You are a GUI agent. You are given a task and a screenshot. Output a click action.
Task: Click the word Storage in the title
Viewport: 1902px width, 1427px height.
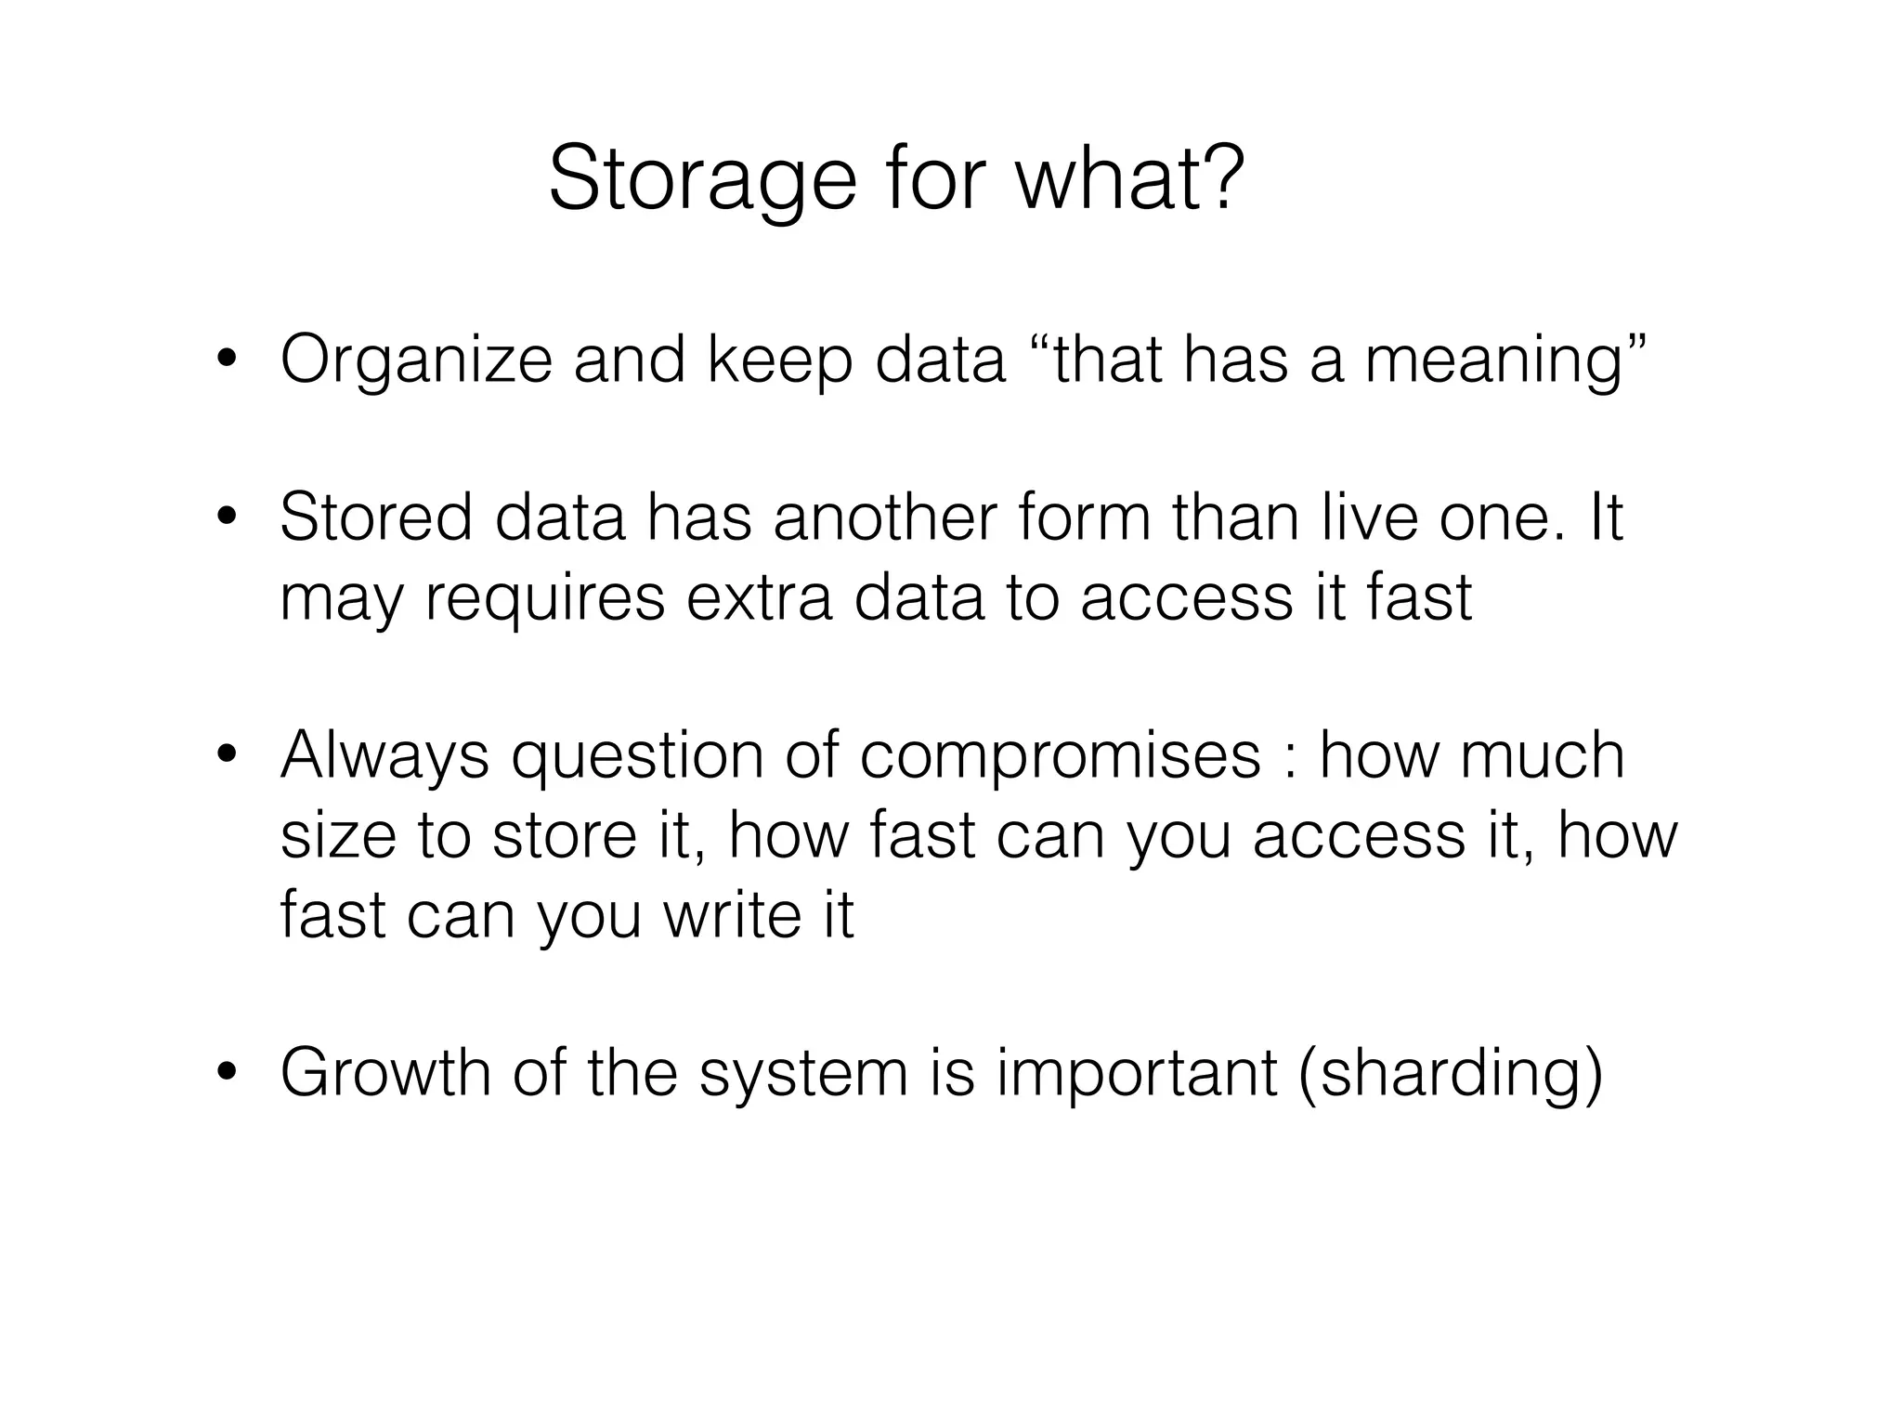pyautogui.click(x=702, y=180)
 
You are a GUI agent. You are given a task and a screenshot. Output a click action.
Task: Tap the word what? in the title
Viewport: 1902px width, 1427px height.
pyautogui.click(x=1129, y=178)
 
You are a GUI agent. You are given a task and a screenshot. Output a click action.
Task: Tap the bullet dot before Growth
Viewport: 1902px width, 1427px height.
pyautogui.click(x=226, y=1074)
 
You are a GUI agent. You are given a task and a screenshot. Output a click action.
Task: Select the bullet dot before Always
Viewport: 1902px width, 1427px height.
pyautogui.click(x=226, y=756)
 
